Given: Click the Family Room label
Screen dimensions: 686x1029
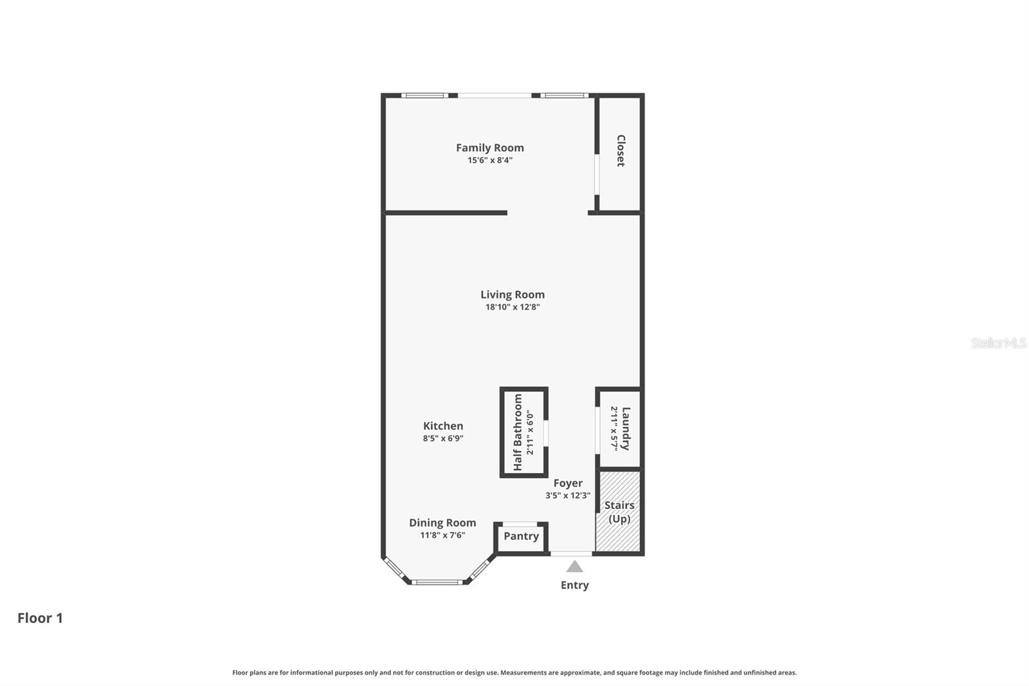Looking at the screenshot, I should point(489,148).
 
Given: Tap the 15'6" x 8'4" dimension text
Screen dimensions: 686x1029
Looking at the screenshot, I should point(489,160).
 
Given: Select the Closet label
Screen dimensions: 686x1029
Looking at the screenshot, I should point(621,151).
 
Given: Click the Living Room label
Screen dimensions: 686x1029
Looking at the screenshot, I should point(512,295).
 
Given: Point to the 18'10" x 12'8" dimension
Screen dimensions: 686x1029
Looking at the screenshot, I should point(512,307).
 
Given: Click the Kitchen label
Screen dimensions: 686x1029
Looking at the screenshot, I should point(442,426).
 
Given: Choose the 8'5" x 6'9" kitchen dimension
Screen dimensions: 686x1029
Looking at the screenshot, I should point(442,438).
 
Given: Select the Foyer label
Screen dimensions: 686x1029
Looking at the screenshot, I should point(567,483).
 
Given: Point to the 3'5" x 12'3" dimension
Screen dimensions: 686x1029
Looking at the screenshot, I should point(567,496).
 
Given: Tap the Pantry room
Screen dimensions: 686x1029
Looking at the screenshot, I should point(521,536).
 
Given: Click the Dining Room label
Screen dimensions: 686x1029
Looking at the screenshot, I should point(442,523).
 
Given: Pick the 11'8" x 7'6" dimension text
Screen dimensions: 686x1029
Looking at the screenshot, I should point(442,535).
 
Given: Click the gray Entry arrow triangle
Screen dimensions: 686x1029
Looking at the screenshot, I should point(574,567).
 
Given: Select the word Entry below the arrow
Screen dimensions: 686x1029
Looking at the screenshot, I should point(574,585).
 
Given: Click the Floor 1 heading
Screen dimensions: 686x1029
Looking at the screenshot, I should point(40,618).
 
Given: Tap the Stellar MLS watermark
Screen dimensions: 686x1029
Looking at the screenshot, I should point(998,343).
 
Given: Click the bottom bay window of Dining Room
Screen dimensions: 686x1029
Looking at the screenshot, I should point(437,582).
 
